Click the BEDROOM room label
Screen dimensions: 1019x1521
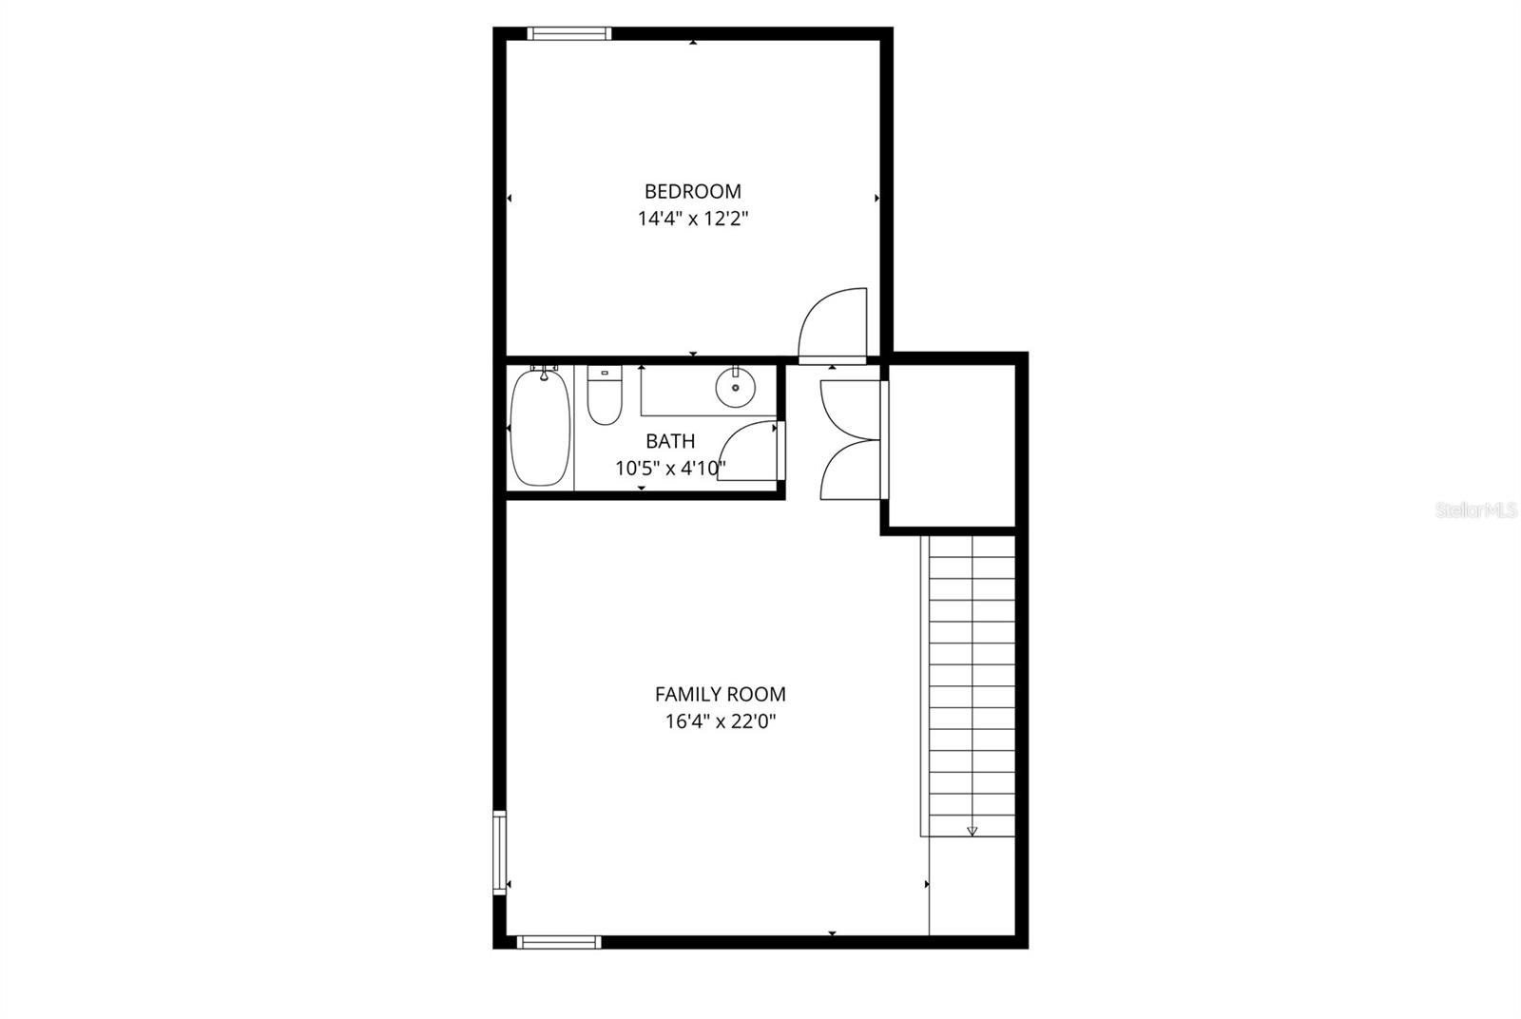[x=692, y=191]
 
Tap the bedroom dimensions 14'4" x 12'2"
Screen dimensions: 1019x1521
[x=692, y=219]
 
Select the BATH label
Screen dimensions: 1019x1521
[x=670, y=441]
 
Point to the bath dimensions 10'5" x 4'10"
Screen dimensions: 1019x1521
[x=670, y=468]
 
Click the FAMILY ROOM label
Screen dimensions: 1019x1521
[x=720, y=694]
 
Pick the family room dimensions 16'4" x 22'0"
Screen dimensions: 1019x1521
[x=720, y=721]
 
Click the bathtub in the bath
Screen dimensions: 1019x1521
[x=540, y=428]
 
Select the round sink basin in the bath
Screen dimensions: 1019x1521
[x=735, y=388]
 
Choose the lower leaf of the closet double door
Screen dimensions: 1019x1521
[x=848, y=470]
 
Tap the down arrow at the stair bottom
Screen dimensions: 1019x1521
[x=972, y=830]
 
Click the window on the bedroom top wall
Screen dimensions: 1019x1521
[x=568, y=34]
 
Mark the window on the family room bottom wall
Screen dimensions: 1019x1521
[x=559, y=942]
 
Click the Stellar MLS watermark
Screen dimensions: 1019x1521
[x=1476, y=510]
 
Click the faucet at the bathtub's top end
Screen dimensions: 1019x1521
[x=543, y=372]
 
